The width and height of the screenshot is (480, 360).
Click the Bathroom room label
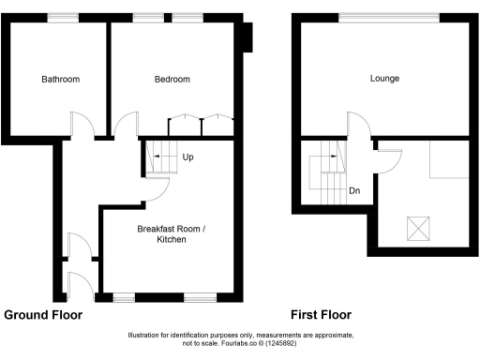pyautogui.click(x=60, y=80)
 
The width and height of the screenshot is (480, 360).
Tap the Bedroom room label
pyautogui.click(x=172, y=80)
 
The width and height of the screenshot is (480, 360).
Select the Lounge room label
pyautogui.click(x=384, y=79)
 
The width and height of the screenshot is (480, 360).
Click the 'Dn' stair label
pyautogui.click(x=354, y=190)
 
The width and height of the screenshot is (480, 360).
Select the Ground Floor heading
pyautogui.click(x=43, y=315)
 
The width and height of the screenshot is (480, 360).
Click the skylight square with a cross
pyautogui.click(x=415, y=228)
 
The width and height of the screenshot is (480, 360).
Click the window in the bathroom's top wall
pyautogui.click(x=63, y=18)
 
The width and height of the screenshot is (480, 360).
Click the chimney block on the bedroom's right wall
pyautogui.click(x=247, y=37)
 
